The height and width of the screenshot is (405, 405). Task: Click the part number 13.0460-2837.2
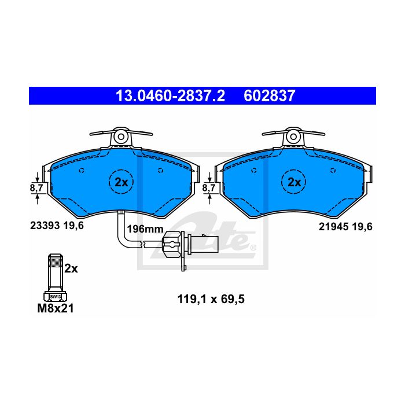[171, 96]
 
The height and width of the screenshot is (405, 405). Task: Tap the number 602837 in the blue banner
[269, 96]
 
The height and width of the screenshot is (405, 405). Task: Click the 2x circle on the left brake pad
[121, 182]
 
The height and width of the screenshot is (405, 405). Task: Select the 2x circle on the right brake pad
[294, 182]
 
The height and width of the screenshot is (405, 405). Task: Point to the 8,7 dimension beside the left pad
[36, 188]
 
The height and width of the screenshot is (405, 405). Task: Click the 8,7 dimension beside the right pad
[209, 188]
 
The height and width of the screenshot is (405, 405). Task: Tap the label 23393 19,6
[57, 226]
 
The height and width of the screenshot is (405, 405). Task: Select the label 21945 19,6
[345, 227]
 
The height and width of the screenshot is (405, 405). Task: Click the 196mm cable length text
[145, 229]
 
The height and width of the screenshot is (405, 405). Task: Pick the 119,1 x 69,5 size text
[211, 299]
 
